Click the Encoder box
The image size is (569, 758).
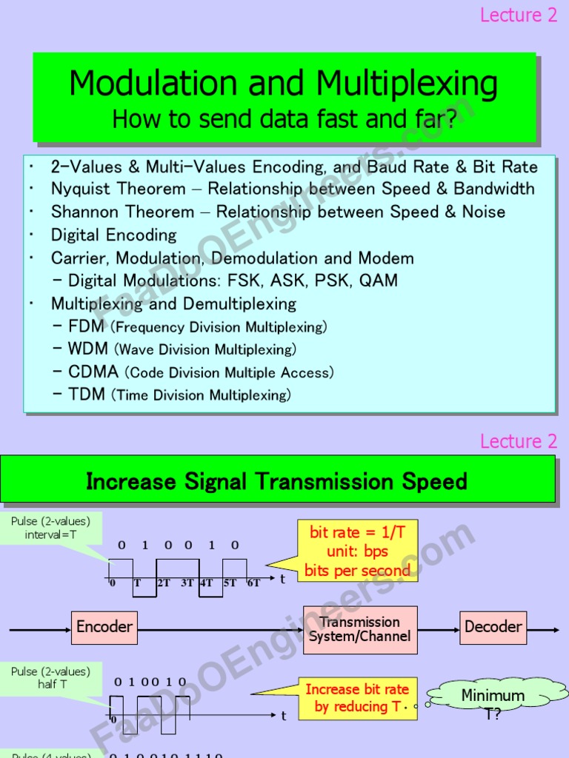click(x=104, y=627)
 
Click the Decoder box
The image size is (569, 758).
click(x=493, y=627)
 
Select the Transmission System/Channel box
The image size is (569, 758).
click(x=360, y=629)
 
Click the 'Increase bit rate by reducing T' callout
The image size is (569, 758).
click(x=357, y=698)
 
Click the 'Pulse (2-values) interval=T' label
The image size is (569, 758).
click(x=50, y=528)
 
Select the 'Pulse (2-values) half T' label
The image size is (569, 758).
click(x=50, y=678)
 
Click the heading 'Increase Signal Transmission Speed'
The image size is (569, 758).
click(x=276, y=482)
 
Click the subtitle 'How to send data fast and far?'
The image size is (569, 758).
click(x=284, y=118)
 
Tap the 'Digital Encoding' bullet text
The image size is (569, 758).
click(x=113, y=235)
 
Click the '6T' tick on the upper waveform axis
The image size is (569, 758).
click(x=253, y=583)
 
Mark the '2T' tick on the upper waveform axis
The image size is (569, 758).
click(x=164, y=583)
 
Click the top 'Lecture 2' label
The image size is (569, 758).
click(x=519, y=16)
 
